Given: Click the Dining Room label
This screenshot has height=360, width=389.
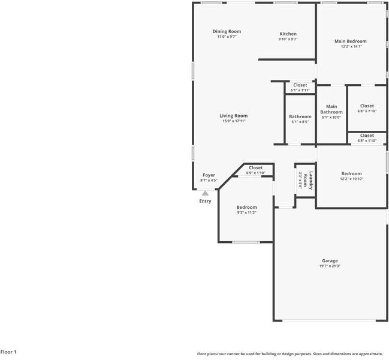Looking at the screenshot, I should [x=227, y=31].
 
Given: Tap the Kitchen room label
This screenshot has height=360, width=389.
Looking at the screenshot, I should [x=288, y=34].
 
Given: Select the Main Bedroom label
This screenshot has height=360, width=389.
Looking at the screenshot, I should [x=350, y=41].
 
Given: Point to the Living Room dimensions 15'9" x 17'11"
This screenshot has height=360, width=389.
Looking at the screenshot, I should [x=233, y=121].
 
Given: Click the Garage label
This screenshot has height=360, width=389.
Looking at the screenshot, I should [x=330, y=260].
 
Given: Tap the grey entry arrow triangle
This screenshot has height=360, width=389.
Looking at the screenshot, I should [x=205, y=193].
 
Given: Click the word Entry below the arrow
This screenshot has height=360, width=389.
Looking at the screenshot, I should [x=205, y=201].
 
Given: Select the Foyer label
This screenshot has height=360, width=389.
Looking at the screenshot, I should [x=208, y=175].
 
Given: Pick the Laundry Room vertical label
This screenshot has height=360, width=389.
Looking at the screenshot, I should [x=305, y=179].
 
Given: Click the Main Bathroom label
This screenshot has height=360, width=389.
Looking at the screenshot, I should [x=331, y=109].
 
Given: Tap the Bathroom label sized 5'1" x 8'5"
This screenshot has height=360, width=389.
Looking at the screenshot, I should [x=300, y=116].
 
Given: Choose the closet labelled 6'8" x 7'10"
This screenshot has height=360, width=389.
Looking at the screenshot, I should [x=367, y=106].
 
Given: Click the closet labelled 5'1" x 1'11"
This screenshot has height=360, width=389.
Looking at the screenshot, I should [x=300, y=85].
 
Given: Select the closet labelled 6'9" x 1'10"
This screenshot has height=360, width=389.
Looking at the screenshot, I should [x=255, y=168].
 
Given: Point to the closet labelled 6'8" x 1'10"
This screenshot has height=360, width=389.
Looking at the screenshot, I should [x=367, y=136].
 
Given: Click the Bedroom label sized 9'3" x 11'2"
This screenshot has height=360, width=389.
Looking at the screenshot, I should [x=246, y=207].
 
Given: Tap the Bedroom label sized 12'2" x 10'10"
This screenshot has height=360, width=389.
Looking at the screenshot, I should [x=351, y=173].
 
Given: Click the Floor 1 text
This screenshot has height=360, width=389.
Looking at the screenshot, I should [x=8, y=352].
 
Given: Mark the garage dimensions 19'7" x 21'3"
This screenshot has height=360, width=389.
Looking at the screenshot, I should [x=330, y=266].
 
